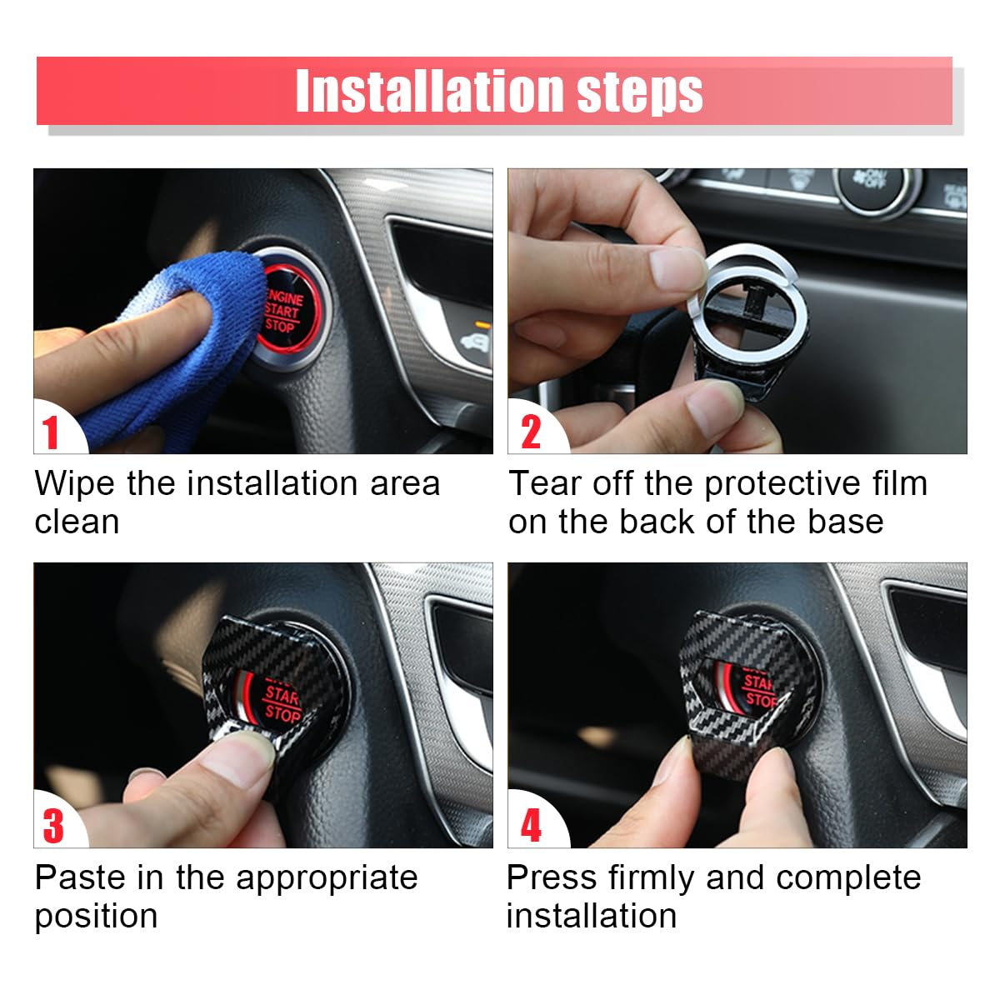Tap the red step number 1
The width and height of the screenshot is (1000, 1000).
click(52, 432)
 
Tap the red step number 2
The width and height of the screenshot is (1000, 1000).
click(531, 432)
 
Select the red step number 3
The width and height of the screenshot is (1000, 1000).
click(53, 826)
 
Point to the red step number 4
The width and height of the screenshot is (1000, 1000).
click(531, 826)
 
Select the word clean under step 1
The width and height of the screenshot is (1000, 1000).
click(77, 522)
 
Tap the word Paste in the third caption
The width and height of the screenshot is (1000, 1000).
click(82, 877)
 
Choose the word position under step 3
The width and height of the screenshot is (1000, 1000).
click(96, 916)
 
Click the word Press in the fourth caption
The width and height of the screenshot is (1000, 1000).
click(552, 877)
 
